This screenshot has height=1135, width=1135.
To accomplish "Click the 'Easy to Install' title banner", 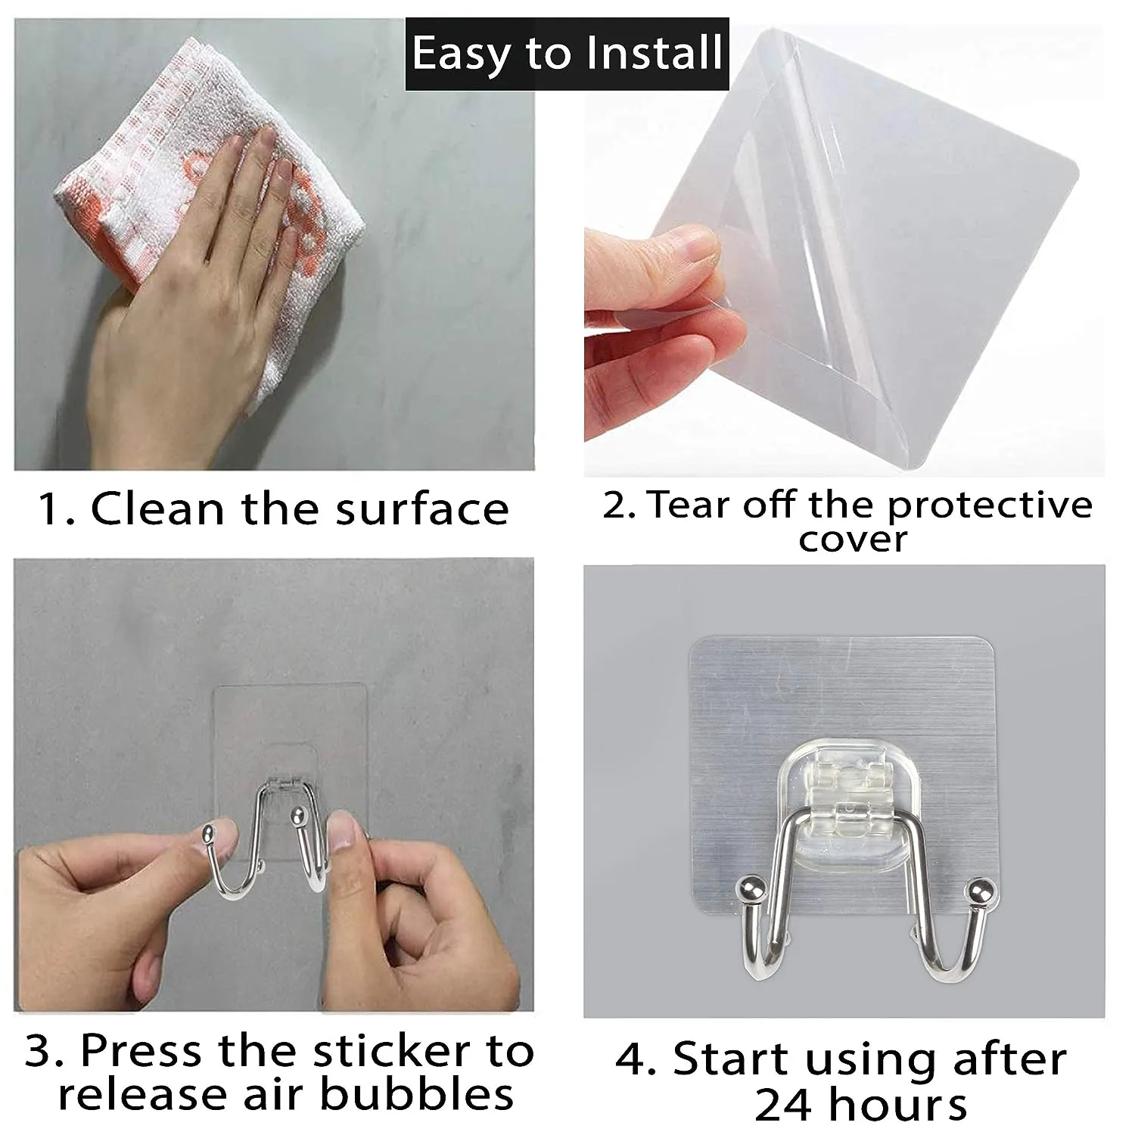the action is click(x=567, y=54).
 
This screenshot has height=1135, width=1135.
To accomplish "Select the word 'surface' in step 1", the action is click(x=422, y=508).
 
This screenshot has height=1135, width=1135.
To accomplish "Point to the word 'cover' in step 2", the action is click(x=853, y=540).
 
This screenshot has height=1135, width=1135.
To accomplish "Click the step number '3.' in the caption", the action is click(x=48, y=1051).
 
